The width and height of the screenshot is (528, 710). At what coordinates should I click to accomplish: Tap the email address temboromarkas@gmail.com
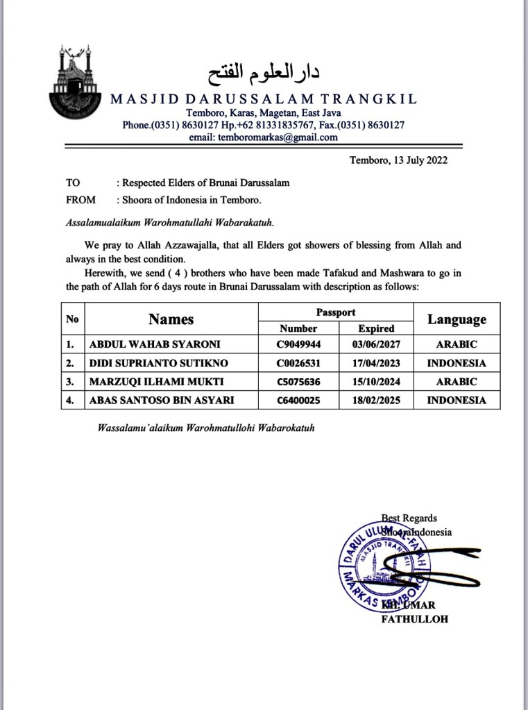pyautogui.click(x=264, y=137)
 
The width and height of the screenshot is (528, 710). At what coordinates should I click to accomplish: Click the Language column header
pyautogui.click(x=457, y=319)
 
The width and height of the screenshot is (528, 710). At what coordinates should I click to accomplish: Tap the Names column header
pyautogui.click(x=171, y=319)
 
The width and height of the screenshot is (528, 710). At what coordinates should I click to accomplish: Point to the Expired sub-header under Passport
pyautogui.click(x=376, y=328)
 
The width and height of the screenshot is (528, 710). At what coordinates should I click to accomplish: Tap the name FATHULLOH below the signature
pyautogui.click(x=415, y=619)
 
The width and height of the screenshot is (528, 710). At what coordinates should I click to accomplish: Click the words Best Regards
pyautogui.click(x=409, y=518)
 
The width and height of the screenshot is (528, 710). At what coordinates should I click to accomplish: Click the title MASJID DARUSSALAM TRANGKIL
pyautogui.click(x=264, y=99)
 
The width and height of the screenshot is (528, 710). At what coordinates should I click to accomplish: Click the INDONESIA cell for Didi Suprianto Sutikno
pyautogui.click(x=457, y=363)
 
